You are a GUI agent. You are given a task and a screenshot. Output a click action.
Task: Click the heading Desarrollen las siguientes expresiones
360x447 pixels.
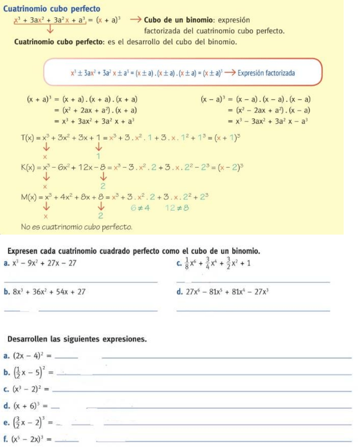click(77, 339)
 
